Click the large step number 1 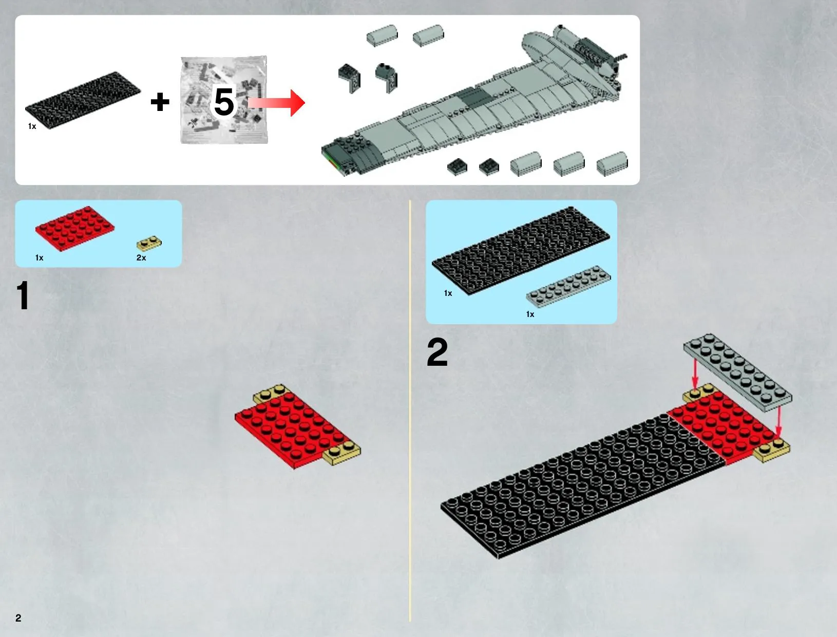[23, 295]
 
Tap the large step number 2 [437, 352]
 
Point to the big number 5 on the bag [224, 102]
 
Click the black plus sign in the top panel [160, 102]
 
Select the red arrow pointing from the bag [276, 103]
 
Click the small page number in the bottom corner [18, 617]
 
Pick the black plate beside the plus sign [83, 100]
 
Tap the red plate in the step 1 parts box [75, 229]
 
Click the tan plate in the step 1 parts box [149, 243]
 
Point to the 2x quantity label [141, 258]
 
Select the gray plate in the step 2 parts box [568, 287]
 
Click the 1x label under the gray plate [530, 314]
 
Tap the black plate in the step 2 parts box [521, 251]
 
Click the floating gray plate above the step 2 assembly [737, 372]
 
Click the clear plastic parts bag [224, 100]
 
